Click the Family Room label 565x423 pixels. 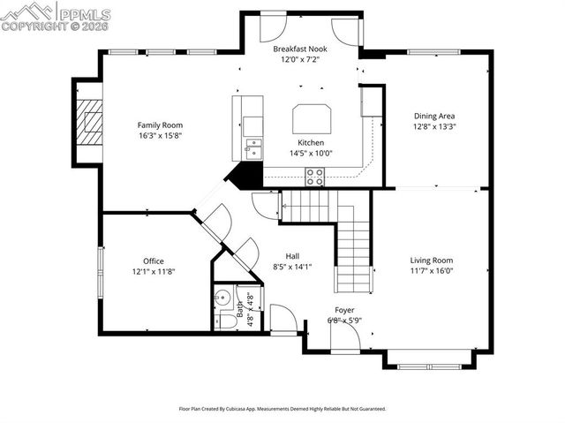click(160, 125)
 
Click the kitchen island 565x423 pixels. click(312, 117)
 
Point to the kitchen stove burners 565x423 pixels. click(314, 177)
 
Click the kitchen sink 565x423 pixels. click(253, 147)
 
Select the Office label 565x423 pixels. click(154, 261)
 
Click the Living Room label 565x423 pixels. click(431, 260)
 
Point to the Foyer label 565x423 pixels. click(344, 310)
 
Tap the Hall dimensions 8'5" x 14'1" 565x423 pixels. click(292, 266)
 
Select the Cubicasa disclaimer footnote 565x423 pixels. click(282, 409)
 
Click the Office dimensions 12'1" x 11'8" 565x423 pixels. click(154, 271)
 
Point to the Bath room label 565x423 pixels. click(239, 309)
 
